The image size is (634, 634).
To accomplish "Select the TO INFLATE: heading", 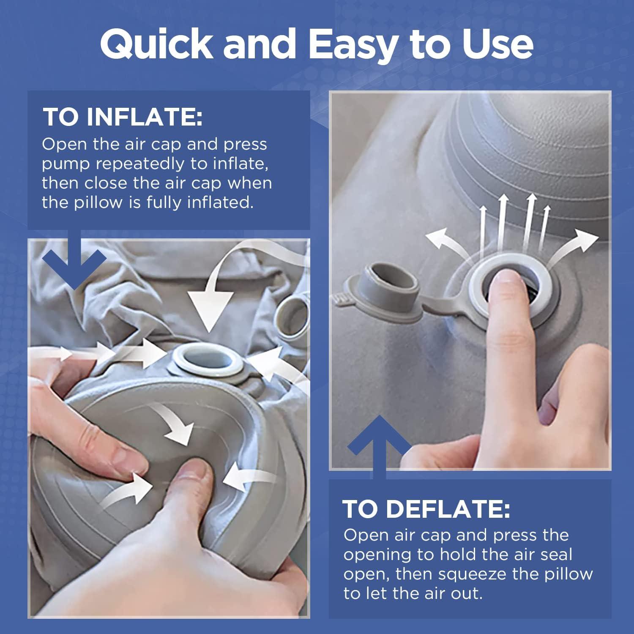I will [123, 117].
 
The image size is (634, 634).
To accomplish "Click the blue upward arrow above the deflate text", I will [379, 444].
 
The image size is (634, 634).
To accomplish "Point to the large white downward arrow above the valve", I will [210, 304].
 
